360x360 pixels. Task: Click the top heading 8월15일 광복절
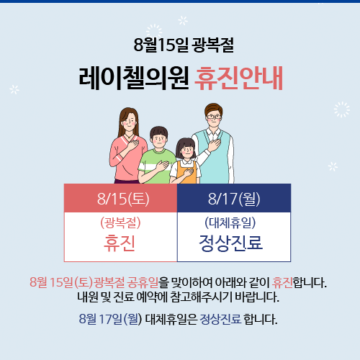click(184, 45)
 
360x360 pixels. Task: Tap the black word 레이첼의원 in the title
click(134, 78)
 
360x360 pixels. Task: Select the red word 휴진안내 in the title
click(239, 78)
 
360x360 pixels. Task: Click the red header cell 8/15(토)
click(121, 198)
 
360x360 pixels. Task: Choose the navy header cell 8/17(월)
click(234, 198)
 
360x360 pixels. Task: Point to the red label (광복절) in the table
click(120, 223)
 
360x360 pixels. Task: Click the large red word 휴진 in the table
click(120, 243)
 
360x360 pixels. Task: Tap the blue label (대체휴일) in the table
click(230, 223)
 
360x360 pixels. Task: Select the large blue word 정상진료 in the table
click(231, 243)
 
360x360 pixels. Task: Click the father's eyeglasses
click(214, 117)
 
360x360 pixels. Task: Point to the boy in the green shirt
click(157, 156)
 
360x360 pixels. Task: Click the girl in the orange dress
click(185, 161)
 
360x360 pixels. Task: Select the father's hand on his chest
click(215, 145)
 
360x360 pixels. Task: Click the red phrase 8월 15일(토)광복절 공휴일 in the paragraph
click(94, 282)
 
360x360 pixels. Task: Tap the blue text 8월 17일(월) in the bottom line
click(111, 319)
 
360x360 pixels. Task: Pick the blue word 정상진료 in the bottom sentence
click(220, 319)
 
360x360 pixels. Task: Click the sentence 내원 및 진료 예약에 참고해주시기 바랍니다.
click(178, 297)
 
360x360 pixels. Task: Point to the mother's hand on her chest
click(132, 144)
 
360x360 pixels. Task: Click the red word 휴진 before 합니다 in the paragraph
click(282, 282)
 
